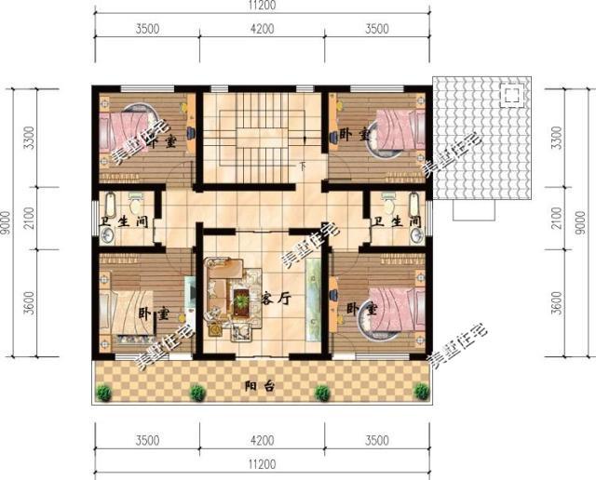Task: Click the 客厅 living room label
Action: [x=278, y=300]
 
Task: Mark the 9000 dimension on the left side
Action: [x=7, y=221]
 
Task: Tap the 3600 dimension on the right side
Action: [x=557, y=302]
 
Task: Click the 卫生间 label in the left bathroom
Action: [x=125, y=224]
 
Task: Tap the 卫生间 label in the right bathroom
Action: [x=396, y=224]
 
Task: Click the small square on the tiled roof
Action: [x=511, y=94]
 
